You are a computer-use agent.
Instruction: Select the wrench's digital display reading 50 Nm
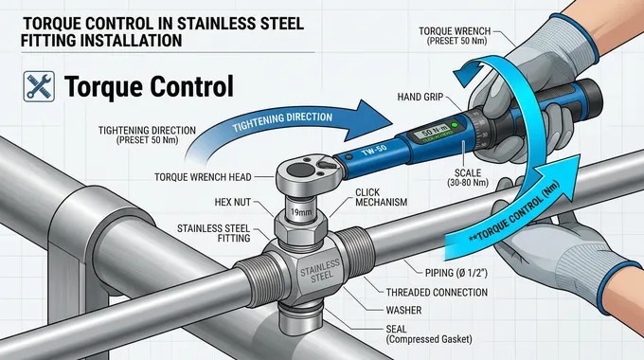[x=427, y=132]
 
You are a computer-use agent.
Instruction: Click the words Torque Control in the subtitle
[x=149, y=88]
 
